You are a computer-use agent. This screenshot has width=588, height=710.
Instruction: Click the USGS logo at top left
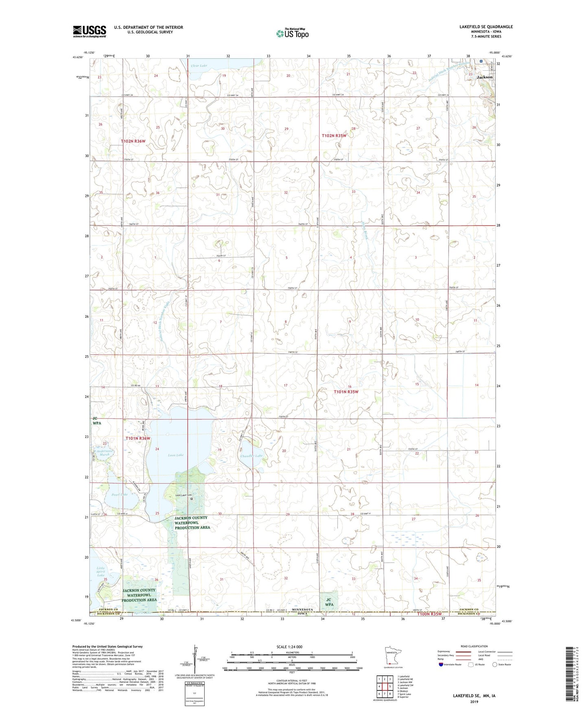click(x=90, y=31)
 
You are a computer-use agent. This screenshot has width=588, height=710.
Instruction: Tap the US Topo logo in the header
click(x=292, y=33)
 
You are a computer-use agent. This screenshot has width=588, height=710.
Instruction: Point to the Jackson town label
click(x=485, y=77)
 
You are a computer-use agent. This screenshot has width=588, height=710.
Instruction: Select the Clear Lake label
click(x=199, y=65)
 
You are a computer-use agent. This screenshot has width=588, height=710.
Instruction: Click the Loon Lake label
click(x=175, y=455)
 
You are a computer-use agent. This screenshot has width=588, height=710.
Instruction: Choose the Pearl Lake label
click(x=120, y=494)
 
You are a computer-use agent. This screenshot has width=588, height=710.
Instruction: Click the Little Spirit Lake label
click(x=101, y=571)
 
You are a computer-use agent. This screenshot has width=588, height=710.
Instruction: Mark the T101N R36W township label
click(x=138, y=438)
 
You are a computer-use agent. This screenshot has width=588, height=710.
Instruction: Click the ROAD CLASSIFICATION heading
click(x=474, y=646)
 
